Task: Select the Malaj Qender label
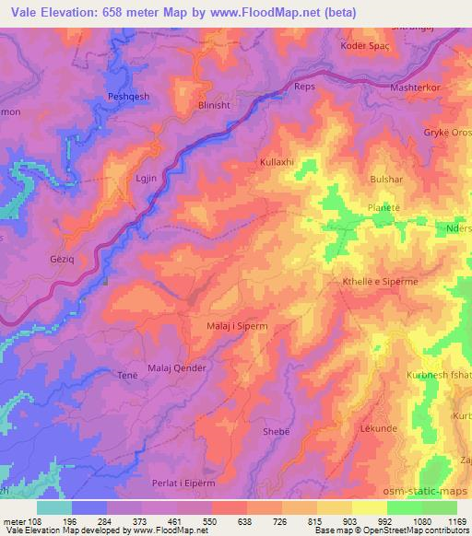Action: [x=177, y=367]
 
